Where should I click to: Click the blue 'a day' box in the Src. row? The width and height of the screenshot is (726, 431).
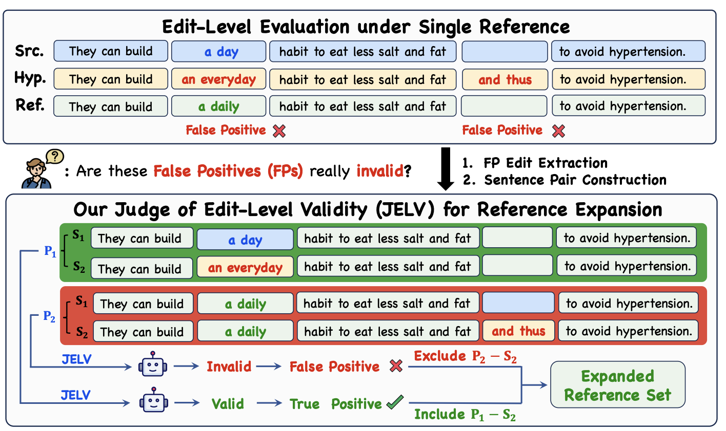tap(218, 51)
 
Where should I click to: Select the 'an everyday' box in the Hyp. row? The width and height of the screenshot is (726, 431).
tap(218, 79)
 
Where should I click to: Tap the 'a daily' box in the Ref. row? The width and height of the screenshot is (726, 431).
tap(218, 106)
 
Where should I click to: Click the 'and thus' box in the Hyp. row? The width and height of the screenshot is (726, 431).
tap(505, 79)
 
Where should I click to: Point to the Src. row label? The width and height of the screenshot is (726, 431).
tap(29, 51)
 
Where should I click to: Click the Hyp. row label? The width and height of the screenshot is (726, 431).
tap(30, 79)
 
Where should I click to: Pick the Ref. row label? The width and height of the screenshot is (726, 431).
tap(30, 105)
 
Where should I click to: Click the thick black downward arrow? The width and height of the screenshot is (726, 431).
tap(446, 168)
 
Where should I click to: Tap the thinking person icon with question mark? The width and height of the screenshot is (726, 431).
tap(42, 168)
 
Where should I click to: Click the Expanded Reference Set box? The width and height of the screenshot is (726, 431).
tap(617, 385)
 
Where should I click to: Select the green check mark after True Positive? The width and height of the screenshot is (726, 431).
tap(395, 402)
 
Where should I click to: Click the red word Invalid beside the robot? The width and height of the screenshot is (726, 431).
tap(229, 367)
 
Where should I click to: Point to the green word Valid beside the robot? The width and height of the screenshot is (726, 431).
tap(228, 403)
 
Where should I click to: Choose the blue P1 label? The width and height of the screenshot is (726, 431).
tap(50, 251)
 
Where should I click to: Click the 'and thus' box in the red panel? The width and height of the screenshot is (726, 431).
tap(518, 331)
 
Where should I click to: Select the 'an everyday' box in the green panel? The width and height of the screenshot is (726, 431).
tap(245, 267)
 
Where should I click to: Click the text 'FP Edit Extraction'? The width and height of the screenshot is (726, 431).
tap(546, 163)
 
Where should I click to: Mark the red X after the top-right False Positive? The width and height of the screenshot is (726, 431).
tap(558, 131)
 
